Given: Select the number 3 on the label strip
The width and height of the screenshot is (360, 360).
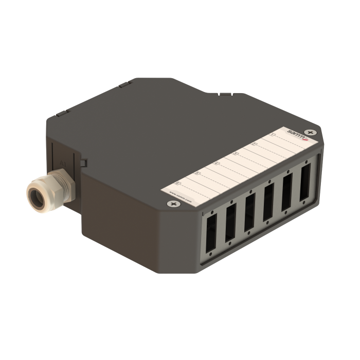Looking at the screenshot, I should [236, 153].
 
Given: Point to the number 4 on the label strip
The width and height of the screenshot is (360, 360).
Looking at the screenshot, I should [217, 163].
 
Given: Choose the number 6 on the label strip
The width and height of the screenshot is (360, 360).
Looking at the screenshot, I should [178, 182].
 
